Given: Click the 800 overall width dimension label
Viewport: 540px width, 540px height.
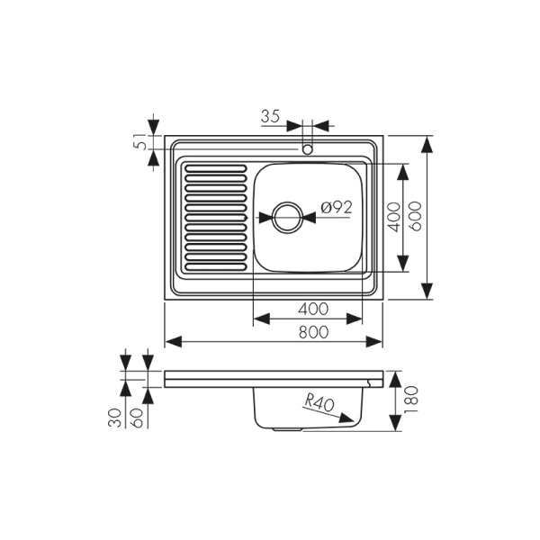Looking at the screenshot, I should pos(311,330).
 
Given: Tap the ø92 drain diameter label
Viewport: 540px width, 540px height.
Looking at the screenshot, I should pos(335,207).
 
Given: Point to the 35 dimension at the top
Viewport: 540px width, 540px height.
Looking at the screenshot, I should pos(270,115).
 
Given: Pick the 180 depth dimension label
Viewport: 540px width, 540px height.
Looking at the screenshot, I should pos(412,399).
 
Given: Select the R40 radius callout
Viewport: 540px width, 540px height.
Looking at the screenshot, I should pos(318,403).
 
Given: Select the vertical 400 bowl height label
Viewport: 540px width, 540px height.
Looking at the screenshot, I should pos(392,218).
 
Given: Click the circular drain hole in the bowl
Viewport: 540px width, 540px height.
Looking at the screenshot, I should pos(287,217).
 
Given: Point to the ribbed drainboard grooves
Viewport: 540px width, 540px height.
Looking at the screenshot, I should pos(214,217).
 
